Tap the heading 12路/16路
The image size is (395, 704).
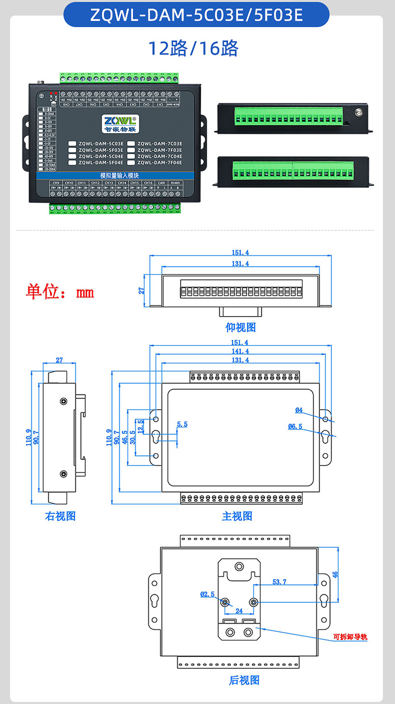coord(193,48)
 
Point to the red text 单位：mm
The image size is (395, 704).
coord(60,292)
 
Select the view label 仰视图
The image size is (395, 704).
coord(240,327)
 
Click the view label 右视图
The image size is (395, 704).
coord(60,516)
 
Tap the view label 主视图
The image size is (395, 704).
coord(237,516)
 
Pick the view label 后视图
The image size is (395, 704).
coord(244,680)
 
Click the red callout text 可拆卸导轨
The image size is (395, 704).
coord(350,637)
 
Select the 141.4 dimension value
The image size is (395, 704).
coord(240,351)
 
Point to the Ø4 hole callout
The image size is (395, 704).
coord(299,410)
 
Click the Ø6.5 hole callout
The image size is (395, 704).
coord(295,426)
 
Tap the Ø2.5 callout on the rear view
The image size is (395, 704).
coord(207,595)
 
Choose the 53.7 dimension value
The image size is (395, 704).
coord(279,582)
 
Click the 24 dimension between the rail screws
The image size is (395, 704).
coord(239,611)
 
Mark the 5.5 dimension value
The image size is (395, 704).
coord(182,424)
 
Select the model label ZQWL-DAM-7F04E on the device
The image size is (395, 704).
coord(160,163)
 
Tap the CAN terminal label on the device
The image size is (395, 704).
coord(161,183)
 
